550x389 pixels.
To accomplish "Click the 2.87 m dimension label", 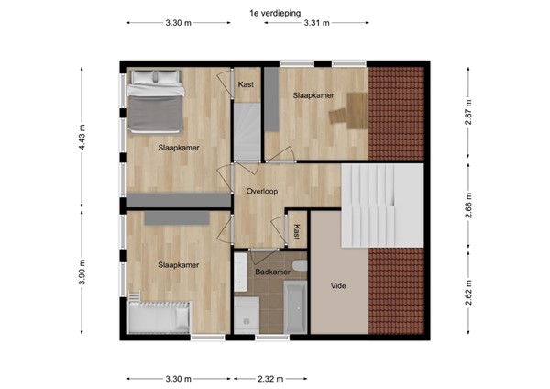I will click(x=468, y=110).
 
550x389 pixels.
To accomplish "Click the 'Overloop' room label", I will click(x=262, y=192).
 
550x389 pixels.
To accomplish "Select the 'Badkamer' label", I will click(x=273, y=272).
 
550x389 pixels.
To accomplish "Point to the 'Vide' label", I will click(x=338, y=286).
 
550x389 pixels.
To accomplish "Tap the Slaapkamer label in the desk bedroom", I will click(x=313, y=95).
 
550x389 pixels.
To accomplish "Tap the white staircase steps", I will click(x=371, y=206).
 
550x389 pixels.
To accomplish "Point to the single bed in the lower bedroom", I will click(x=160, y=317).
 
